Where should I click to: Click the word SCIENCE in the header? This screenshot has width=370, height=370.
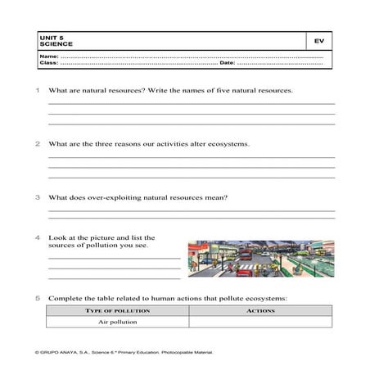51,43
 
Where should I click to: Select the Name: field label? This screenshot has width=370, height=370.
47,56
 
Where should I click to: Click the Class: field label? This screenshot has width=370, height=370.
47,63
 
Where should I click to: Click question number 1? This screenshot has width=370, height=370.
38,90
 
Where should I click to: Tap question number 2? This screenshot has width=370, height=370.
38,143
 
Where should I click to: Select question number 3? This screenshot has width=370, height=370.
38,197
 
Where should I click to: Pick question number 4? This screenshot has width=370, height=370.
38,238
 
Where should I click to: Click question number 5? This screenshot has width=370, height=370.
38,298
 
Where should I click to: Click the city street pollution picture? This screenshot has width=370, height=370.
260,259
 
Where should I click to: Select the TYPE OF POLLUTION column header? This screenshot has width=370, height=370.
118,311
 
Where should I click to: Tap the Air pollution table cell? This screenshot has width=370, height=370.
118,323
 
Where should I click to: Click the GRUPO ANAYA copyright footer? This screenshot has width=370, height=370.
123,352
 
